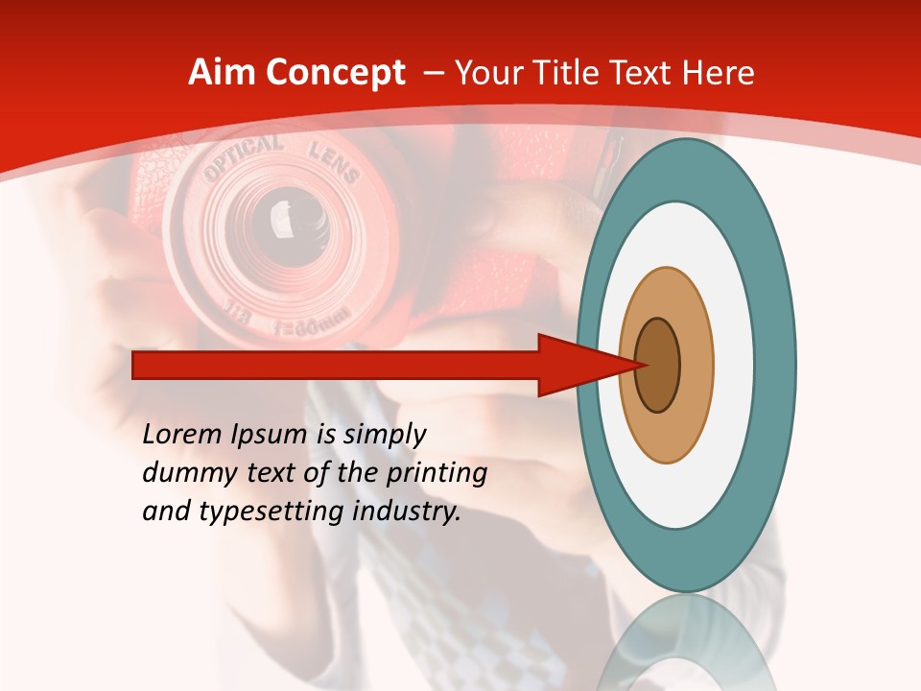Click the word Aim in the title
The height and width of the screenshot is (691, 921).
pos(221,73)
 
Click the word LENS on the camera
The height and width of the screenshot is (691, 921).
pos(333,162)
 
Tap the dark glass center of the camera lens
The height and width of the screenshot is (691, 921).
pos(282,215)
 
